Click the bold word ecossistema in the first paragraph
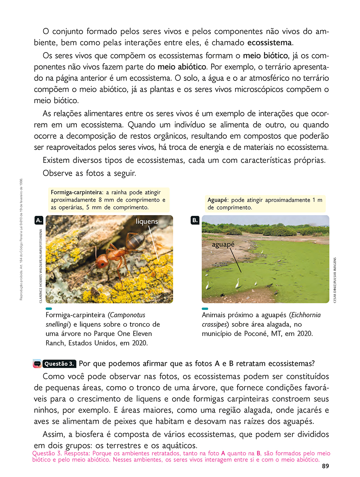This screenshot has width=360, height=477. click(x=270, y=42)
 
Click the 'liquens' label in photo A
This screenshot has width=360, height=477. click(x=147, y=222)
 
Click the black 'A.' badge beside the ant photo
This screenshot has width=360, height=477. click(x=39, y=220)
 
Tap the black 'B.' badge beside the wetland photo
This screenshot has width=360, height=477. click(x=195, y=220)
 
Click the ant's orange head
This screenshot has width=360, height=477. click(x=102, y=261)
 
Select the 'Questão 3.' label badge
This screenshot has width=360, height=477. click(x=58, y=364)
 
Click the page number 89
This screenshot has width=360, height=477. click(x=325, y=466)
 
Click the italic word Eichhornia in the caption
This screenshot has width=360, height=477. click(x=304, y=315)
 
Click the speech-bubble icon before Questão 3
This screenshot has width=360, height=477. click(x=37, y=364)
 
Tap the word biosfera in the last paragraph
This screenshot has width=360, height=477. click(x=91, y=435)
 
